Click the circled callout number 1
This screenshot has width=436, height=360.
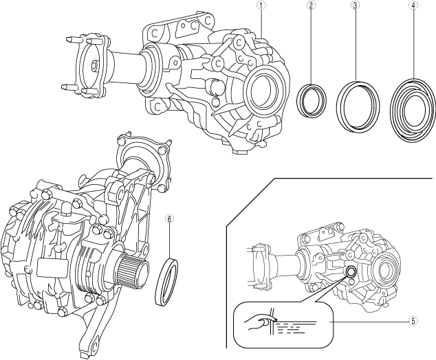click(261, 5)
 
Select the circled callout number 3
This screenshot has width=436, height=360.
click(355, 5)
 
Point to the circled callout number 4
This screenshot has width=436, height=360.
click(413, 5)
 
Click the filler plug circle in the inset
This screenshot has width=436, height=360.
click(350, 273)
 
